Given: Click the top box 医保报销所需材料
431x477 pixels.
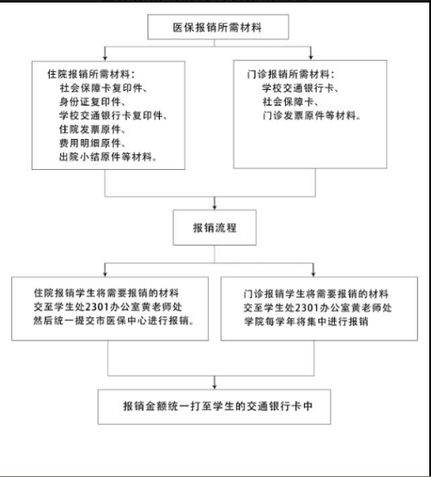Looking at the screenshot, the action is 218,27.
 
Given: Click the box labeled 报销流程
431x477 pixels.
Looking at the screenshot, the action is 215,227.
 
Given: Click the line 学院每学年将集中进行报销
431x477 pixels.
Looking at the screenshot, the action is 306,321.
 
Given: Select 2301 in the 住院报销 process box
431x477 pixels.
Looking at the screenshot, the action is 96,307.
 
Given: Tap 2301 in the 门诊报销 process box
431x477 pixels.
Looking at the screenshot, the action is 307,307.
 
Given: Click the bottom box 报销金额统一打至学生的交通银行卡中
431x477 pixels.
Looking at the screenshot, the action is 215,407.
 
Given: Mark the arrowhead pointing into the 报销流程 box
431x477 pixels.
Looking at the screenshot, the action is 215,207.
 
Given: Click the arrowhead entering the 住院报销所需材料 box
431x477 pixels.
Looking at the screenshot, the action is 105,57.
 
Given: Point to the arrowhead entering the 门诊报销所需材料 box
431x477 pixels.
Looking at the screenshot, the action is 311,57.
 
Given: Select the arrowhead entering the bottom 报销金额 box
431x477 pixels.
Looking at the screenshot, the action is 215,386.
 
